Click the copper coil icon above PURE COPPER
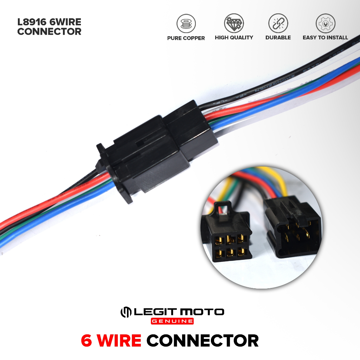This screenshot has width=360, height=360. point(186,24)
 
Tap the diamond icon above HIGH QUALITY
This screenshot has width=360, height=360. point(234,24)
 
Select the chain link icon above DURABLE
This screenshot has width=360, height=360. point(278,24)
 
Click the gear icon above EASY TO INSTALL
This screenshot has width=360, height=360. point(325,24)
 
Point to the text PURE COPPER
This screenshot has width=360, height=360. point(186,38)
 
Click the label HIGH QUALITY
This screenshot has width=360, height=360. point(234,38)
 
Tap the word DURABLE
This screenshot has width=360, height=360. point(278,38)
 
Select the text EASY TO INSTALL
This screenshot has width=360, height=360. point(325,38)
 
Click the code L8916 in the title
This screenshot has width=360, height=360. point(32,22)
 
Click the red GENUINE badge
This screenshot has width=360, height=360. point(172,321)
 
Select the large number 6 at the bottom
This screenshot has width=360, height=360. point(86,341)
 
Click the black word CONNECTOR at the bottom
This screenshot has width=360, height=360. point(202,341)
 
